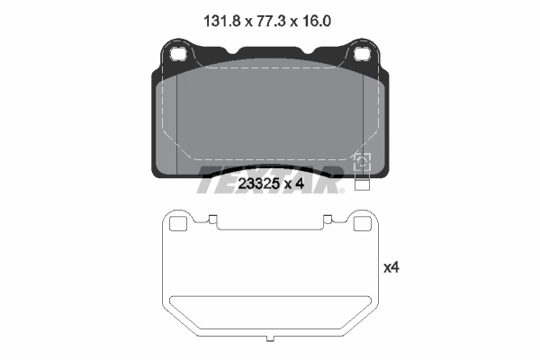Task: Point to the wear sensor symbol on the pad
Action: [363, 162]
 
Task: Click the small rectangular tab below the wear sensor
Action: [363, 186]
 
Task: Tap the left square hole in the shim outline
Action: [178, 225]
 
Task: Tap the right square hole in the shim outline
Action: [362, 225]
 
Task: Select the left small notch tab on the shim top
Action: [212, 218]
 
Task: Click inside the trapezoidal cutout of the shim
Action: [270, 310]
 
